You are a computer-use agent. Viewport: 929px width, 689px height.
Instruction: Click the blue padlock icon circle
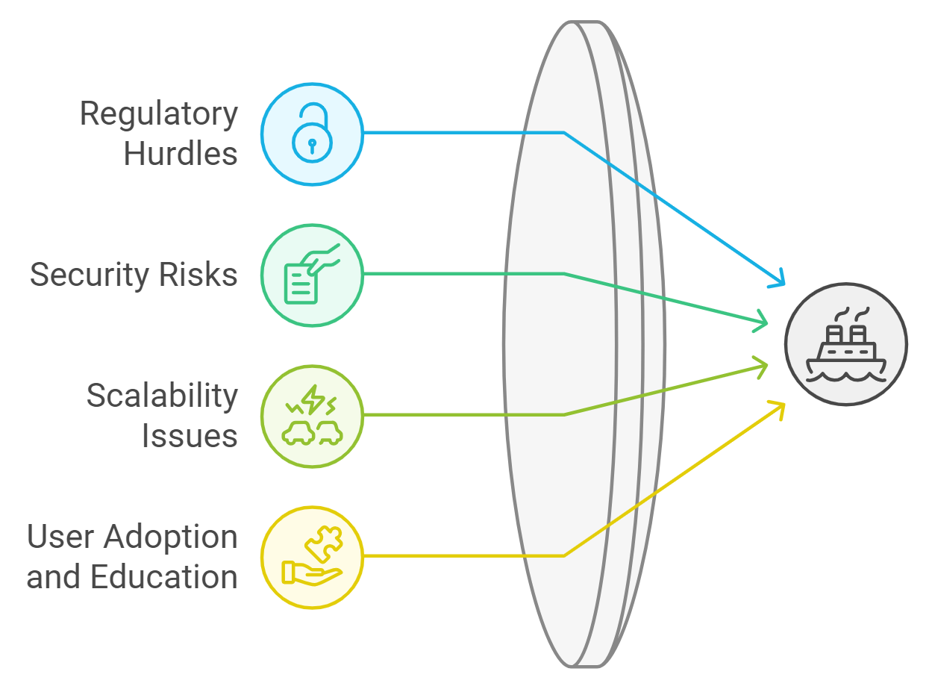312,134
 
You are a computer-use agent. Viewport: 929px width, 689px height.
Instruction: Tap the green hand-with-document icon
312,275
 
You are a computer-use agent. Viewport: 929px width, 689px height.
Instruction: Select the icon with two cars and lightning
312,416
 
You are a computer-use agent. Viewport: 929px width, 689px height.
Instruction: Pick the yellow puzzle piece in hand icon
312,557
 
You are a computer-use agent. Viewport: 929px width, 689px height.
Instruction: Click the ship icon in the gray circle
845,344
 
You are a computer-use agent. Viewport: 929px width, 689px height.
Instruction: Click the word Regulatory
159,114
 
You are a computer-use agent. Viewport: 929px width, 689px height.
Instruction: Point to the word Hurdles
181,154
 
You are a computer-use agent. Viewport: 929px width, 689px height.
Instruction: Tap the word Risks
201,275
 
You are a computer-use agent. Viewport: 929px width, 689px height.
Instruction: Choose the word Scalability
162,396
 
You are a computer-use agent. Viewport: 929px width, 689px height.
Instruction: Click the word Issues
190,435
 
